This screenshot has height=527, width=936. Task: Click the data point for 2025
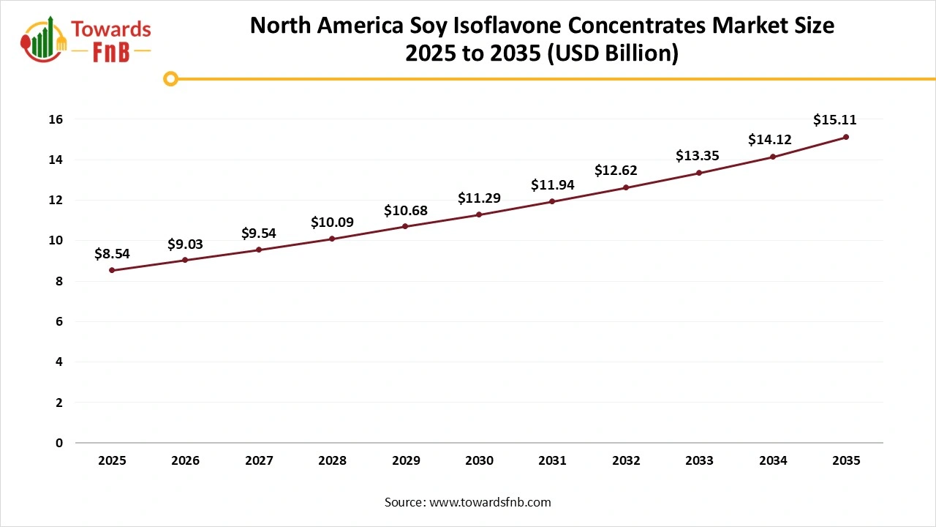(112, 270)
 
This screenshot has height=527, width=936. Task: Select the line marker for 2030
(479, 214)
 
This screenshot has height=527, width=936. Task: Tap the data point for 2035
(846, 137)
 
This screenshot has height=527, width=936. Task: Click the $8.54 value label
(112, 253)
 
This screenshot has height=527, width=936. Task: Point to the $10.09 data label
(332, 222)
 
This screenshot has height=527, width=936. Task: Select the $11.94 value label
(552, 184)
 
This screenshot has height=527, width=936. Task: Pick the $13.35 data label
(699, 156)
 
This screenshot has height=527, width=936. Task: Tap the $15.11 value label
(834, 120)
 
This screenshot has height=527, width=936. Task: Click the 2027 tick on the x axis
(259, 460)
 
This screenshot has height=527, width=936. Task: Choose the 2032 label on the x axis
(626, 460)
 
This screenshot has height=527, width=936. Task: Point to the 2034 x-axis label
(773, 460)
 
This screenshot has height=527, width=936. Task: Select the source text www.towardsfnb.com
(491, 502)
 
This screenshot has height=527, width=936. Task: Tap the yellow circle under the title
(170, 78)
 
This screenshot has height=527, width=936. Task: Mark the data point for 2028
(332, 239)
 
